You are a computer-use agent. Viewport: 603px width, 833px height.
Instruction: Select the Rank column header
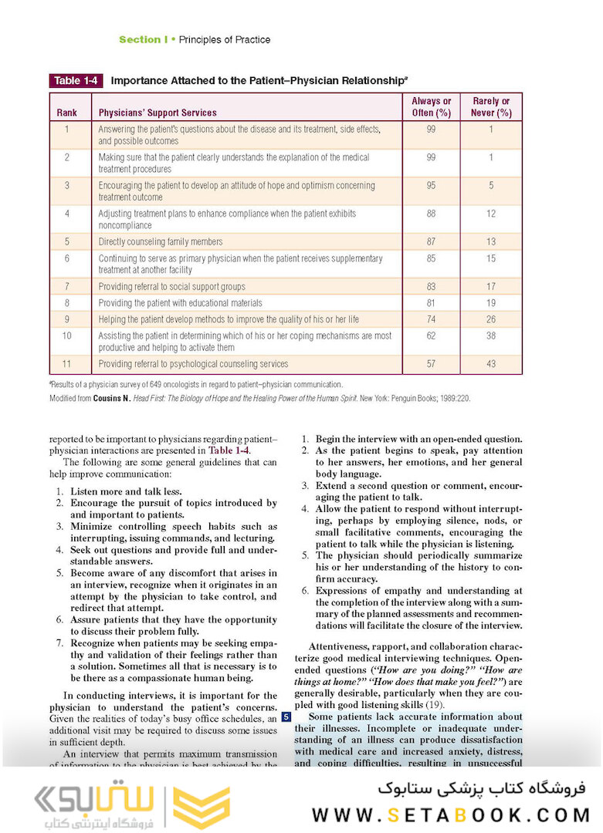click(67, 113)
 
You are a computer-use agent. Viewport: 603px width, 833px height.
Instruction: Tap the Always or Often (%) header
click(431, 107)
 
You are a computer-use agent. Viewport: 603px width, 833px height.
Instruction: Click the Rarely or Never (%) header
click(491, 107)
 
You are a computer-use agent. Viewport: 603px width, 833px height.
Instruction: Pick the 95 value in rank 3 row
click(431, 186)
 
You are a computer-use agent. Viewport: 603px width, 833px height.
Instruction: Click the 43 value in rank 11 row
click(491, 364)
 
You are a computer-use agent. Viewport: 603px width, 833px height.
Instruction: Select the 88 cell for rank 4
click(431, 214)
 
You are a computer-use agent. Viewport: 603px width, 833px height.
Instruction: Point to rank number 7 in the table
click(67, 287)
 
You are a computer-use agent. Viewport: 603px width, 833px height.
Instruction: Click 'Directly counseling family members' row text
click(161, 242)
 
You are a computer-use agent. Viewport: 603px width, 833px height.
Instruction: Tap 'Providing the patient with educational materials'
click(181, 303)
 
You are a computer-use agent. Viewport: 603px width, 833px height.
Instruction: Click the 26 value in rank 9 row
click(491, 319)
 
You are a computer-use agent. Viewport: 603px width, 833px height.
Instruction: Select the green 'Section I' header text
click(143, 39)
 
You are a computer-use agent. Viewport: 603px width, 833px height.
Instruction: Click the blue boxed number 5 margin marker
click(286, 717)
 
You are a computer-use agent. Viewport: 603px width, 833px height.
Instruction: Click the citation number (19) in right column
click(435, 704)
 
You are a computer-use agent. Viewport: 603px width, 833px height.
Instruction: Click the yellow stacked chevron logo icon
click(200, 808)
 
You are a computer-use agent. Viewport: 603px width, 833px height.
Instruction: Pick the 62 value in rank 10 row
click(431, 336)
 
